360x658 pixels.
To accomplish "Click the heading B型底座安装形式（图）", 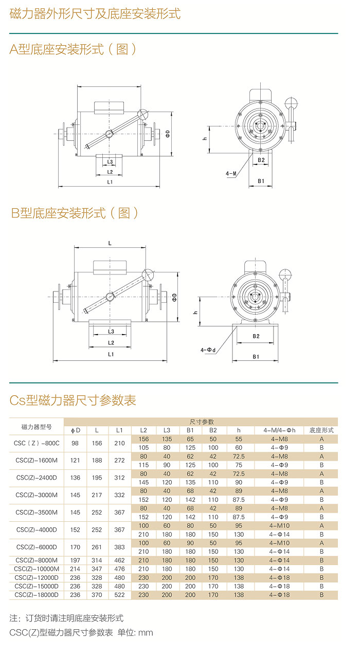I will (x=75, y=213).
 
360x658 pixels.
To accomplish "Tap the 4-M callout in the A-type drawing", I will (x=231, y=174).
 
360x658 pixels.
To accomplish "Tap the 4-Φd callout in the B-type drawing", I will (x=208, y=350).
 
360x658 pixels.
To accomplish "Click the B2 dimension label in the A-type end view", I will (x=261, y=160).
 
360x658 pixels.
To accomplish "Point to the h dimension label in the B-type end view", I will (x=195, y=312).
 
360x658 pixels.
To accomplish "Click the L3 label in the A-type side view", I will (x=110, y=161).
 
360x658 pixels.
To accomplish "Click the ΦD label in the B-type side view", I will (x=175, y=298).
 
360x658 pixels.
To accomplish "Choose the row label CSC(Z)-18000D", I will (x=37, y=595).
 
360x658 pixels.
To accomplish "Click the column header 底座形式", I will (x=321, y=430).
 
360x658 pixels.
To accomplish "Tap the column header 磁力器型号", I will (x=36, y=426).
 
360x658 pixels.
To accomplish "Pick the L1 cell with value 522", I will (x=119, y=595).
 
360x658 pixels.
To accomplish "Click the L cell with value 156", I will (x=97, y=443).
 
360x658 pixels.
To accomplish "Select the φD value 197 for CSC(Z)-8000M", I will (x=75, y=560).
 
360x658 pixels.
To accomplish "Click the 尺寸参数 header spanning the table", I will (x=202, y=422).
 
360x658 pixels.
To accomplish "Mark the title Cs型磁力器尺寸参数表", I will (x=73, y=400).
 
